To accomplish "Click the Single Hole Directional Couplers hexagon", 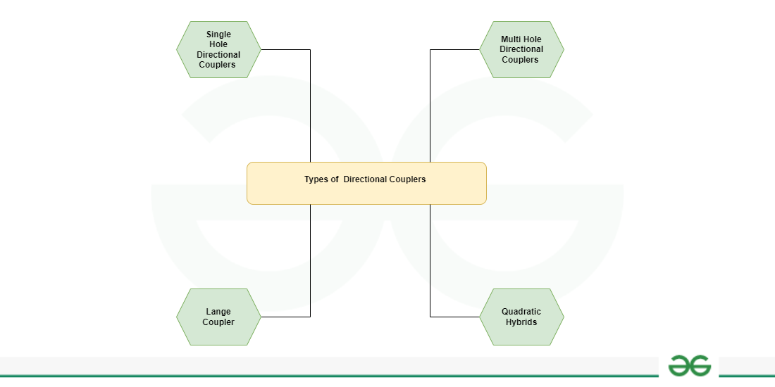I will pos(218,49).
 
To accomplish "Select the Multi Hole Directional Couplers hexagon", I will pos(521,49).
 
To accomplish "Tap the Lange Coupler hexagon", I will pos(218,317).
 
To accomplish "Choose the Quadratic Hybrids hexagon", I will pos(521,317).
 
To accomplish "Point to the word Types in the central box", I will pos(317,179).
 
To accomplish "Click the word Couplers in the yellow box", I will pos(409,179).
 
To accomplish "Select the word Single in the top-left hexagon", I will pos(218,34).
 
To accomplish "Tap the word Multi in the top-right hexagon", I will pos(511,39).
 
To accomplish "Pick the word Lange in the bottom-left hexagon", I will pos(218,312).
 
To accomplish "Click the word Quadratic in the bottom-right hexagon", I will pos(521,312).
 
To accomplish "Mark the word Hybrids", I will pos(521,322).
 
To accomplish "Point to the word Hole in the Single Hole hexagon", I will pos(218,44).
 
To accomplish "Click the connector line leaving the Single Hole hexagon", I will pos(285,49).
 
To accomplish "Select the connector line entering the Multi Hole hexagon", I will pos(454,49).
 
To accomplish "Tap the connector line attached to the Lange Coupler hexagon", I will pos(285,317).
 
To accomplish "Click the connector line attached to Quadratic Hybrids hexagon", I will pos(454,317).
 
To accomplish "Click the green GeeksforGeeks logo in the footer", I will pos(690,366).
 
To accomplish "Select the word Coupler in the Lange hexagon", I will pos(218,322).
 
